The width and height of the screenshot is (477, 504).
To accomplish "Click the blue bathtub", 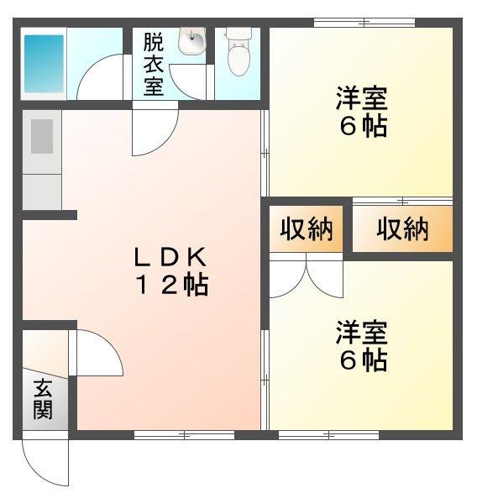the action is pos(44,64).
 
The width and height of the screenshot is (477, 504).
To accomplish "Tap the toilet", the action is pos(238,52).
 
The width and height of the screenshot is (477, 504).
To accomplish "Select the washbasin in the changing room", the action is pos(192,41).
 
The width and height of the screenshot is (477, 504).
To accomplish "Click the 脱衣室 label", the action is pos(154,65).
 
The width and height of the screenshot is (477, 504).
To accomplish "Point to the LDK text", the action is pos(170,257).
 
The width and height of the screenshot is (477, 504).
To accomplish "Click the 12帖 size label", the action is pos(172,285).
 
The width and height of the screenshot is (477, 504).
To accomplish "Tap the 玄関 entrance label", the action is pos(43,399).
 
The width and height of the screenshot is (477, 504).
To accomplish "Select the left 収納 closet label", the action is pos(307,229).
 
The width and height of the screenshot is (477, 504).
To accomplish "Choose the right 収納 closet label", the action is pos(402,229).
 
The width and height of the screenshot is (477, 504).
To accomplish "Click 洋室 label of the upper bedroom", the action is pos(362,98).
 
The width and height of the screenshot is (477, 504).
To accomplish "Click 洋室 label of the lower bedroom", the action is pos(362,332).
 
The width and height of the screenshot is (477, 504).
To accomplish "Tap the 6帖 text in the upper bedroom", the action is pos(364,126).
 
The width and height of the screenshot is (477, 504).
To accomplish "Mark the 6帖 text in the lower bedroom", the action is pos(364,360).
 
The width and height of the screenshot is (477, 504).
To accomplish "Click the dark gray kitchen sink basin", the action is pos(42,136).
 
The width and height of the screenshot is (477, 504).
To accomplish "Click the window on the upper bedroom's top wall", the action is pos(364,23).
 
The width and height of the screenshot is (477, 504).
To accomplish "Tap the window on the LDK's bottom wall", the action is pos(184,435).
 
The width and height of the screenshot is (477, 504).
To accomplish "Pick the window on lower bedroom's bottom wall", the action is pos(328,435).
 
